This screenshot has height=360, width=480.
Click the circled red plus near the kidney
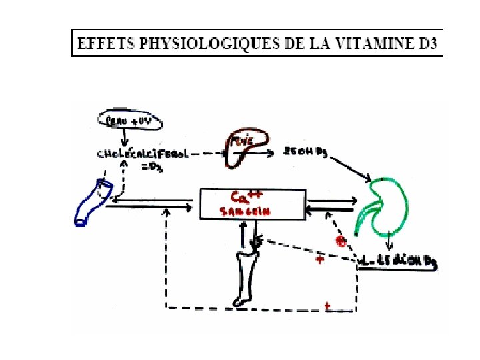(341, 241)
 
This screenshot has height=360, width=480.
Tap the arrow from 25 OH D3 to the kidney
(349, 167)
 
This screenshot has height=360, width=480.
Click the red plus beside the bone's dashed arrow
(320, 259)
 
